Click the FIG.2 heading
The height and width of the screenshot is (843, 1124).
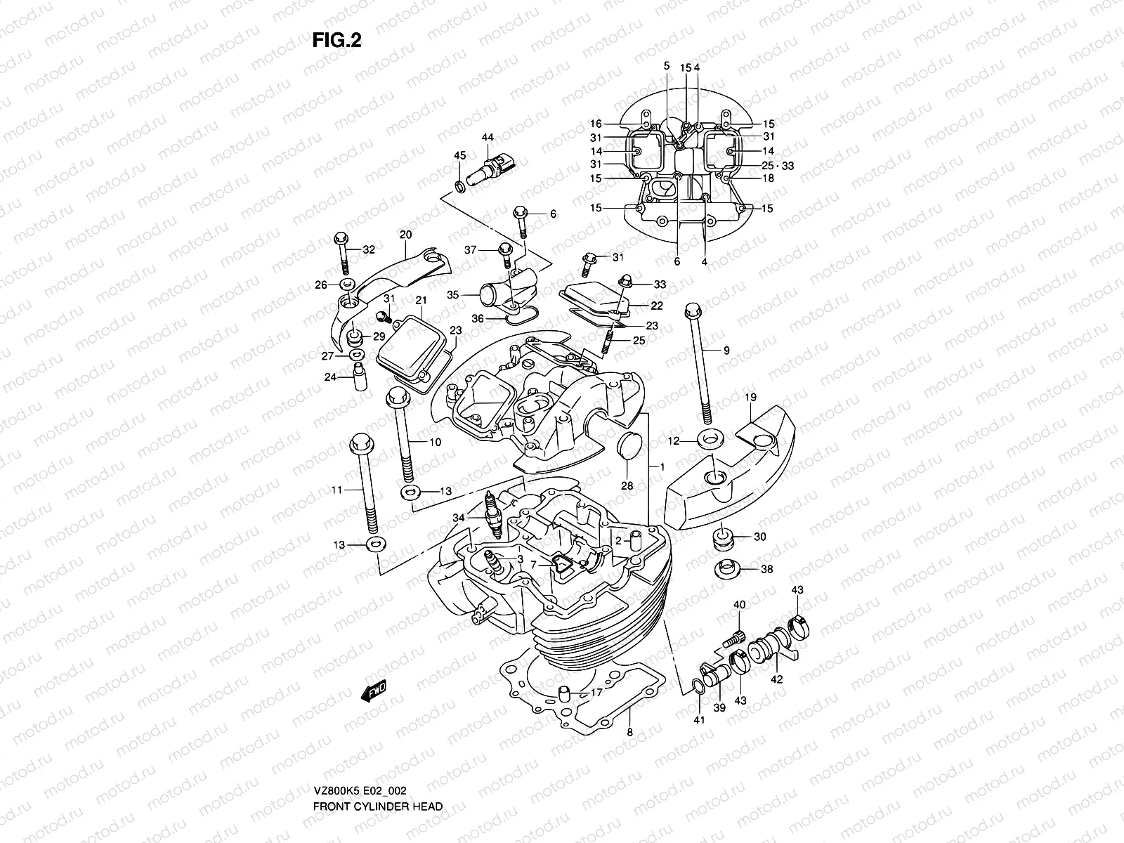pos(336,41)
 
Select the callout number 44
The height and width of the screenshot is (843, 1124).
pos(488,139)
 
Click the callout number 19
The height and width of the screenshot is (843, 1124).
pos(751,398)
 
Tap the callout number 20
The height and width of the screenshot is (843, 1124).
pos(405,235)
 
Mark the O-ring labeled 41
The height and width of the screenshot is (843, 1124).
pos(696,686)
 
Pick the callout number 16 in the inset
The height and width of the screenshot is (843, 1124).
pos(596,124)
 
